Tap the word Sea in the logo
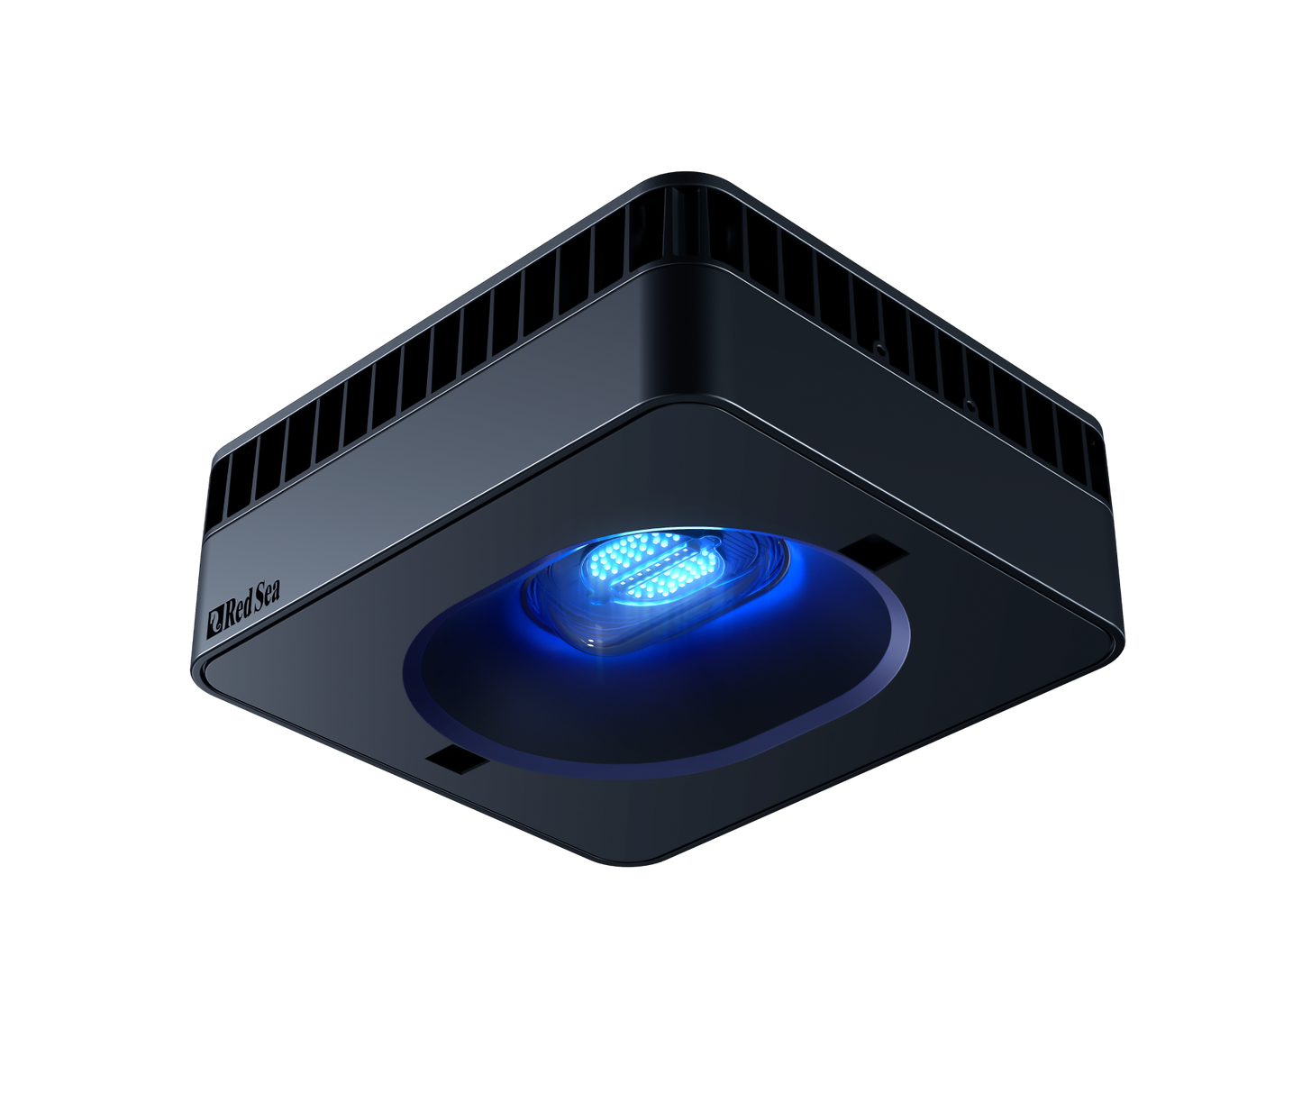click(x=266, y=595)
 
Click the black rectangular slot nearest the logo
click(x=460, y=759)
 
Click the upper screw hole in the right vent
click(x=878, y=347)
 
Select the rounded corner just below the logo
click(x=200, y=671)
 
